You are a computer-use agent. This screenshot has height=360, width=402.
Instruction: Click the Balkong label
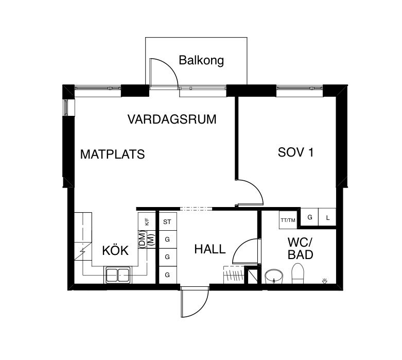201,60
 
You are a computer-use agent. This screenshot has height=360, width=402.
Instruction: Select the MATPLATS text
112,154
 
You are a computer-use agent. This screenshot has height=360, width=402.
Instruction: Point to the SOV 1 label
295,152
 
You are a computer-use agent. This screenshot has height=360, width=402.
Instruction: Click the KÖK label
115,251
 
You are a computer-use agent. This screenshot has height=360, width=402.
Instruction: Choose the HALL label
209,249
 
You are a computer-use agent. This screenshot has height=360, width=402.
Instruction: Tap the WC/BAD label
301,248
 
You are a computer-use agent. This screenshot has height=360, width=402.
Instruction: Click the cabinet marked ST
167,222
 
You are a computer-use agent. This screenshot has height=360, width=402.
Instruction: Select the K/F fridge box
147,222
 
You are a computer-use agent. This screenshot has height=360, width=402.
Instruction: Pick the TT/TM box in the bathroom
288,220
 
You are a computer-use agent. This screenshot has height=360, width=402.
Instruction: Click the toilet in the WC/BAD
298,273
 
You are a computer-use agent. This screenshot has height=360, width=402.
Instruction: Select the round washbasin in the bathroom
274,276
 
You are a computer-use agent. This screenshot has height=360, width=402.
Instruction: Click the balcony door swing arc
165,71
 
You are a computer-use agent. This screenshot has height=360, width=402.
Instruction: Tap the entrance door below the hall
194,304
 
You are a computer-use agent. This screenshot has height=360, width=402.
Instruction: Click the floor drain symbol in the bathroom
324,281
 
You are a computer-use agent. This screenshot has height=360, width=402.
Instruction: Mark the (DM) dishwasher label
142,239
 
